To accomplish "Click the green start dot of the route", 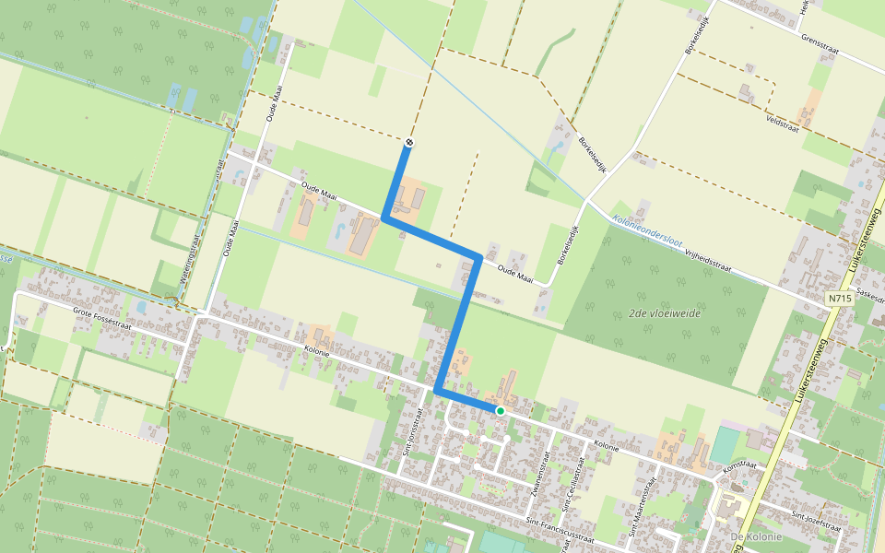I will (500, 410).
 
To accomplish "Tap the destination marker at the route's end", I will (407, 142).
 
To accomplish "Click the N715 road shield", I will (838, 299).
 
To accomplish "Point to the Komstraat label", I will (738, 466).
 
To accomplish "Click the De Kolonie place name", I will (755, 536).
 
